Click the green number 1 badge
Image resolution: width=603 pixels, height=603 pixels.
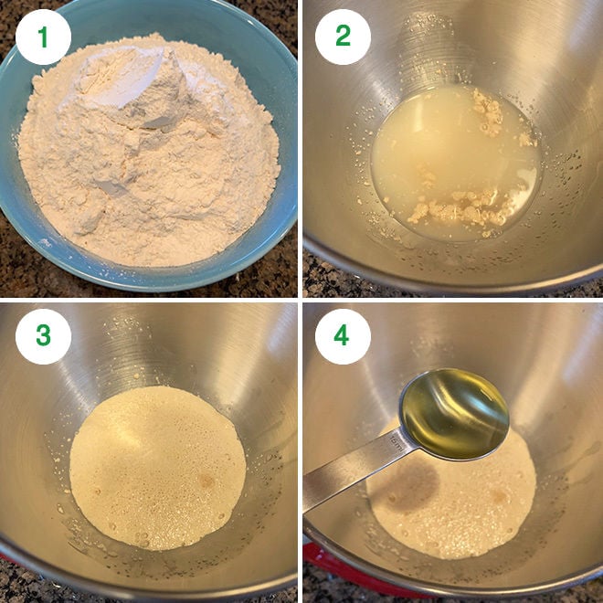pyautogui.click(x=43, y=37)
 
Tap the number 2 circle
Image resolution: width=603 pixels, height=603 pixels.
pyautogui.click(x=343, y=37)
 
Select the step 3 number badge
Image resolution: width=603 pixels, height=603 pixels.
pyautogui.click(x=43, y=335)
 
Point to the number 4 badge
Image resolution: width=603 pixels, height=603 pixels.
pyautogui.click(x=343, y=335)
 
